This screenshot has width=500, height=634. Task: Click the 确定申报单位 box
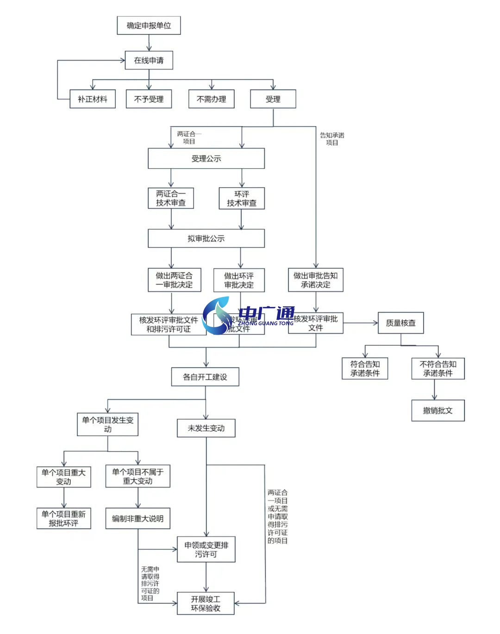[x=149, y=25]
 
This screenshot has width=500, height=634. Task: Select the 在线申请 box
[x=149, y=60]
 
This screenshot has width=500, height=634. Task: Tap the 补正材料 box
[x=92, y=99]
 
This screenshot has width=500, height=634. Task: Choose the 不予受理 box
[x=149, y=99]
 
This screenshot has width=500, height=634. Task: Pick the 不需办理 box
[x=211, y=99]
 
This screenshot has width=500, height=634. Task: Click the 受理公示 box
[x=206, y=158]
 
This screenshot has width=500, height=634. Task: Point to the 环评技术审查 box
[x=241, y=198]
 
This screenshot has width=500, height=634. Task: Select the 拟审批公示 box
[x=206, y=238]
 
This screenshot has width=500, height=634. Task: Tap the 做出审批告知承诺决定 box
[x=315, y=280]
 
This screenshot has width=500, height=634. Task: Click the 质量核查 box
[x=400, y=323]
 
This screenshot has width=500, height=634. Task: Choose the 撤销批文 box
[x=437, y=411]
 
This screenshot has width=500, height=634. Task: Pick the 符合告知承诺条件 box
[x=364, y=368]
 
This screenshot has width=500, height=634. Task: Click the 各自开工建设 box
[x=205, y=377]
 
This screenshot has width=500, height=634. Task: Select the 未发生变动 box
[x=206, y=428]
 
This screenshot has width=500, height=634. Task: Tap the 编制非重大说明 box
[x=137, y=519]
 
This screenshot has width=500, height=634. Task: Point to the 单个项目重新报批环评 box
[x=63, y=519]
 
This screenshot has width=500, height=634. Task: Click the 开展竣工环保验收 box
[x=206, y=603]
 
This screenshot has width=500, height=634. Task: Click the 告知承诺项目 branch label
[x=332, y=139]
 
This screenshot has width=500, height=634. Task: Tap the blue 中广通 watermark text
[x=267, y=313]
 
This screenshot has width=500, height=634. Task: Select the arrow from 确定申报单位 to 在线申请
[x=149, y=43]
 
